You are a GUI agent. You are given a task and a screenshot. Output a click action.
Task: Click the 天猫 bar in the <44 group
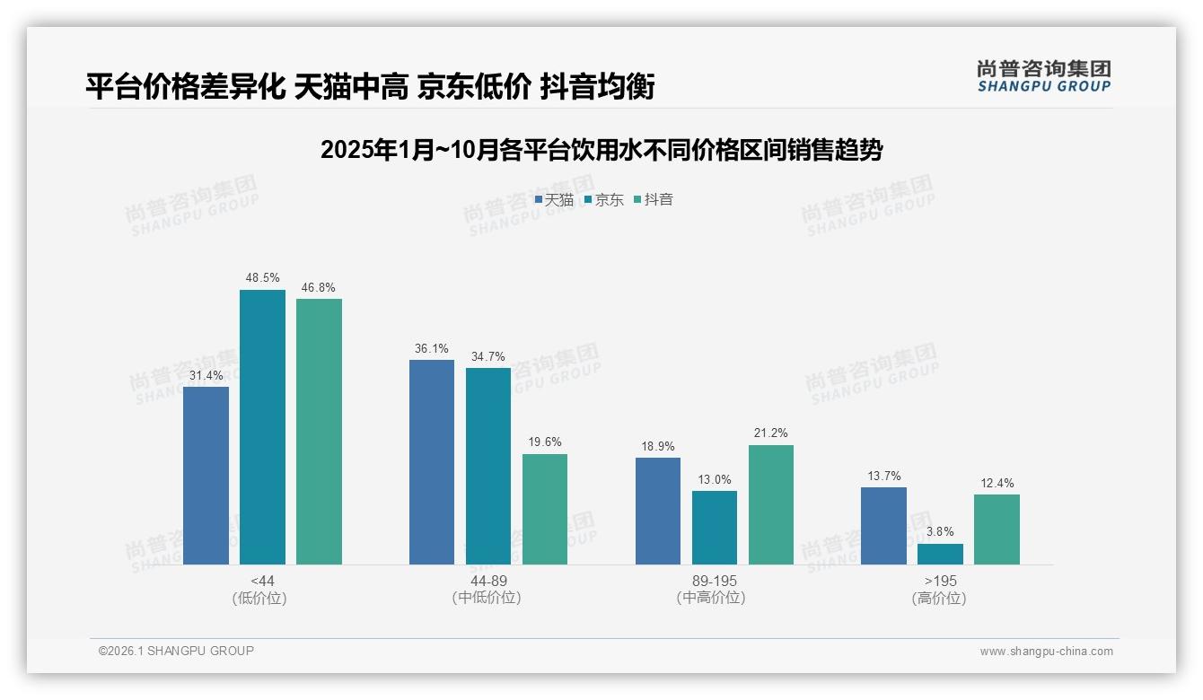click(206, 476)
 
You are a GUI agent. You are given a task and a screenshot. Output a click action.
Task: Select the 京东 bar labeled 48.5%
click(262, 427)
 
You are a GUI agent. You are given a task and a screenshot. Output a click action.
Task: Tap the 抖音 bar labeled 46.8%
click(319, 432)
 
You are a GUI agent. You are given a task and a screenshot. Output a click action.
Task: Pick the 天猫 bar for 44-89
click(432, 462)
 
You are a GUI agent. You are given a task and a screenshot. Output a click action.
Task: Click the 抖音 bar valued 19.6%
click(545, 509)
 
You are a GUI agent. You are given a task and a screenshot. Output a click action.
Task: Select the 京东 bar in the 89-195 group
click(715, 528)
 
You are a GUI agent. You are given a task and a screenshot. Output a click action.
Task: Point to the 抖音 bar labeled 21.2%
click(771, 504)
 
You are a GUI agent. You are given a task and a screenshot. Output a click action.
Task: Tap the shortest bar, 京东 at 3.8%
click(940, 554)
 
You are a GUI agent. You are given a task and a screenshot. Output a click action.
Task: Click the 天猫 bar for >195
click(883, 526)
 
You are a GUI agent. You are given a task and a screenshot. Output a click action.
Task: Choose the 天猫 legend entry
click(554, 199)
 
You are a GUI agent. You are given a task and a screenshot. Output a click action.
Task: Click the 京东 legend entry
click(604, 199)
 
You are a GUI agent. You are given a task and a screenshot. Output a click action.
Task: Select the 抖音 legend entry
click(654, 199)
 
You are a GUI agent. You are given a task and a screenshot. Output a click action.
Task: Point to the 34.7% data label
click(487, 356)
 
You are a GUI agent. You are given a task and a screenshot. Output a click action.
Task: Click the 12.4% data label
click(997, 483)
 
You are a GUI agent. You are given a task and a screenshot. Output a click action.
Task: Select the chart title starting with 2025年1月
click(601, 150)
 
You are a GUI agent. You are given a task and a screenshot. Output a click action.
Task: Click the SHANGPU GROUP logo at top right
click(1043, 76)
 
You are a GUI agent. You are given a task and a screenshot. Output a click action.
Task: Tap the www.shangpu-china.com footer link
click(1046, 651)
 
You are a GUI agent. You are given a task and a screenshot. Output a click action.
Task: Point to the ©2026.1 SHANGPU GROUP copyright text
click(176, 651)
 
